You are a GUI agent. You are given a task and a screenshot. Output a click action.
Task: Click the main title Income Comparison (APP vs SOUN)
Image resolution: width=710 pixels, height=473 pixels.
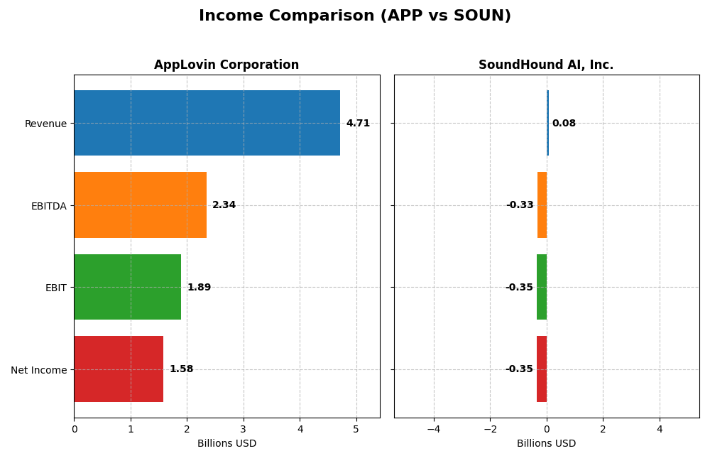(x=354, y=16)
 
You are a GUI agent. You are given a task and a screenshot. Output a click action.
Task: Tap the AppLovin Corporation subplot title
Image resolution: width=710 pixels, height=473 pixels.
(x=226, y=65)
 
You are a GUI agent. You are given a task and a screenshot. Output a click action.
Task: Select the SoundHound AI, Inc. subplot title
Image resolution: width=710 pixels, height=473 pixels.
(x=545, y=65)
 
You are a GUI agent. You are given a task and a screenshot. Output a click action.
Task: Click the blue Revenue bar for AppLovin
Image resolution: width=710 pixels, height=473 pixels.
(x=207, y=123)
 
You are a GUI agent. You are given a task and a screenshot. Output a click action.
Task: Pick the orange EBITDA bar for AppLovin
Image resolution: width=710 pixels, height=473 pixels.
(x=140, y=205)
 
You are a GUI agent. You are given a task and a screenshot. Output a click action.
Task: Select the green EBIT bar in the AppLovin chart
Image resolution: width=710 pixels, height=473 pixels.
(x=127, y=287)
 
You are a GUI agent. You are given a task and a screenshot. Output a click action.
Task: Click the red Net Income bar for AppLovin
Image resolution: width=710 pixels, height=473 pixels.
(x=119, y=369)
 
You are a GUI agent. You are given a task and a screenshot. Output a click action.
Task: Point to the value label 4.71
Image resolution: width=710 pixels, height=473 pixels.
(x=358, y=123)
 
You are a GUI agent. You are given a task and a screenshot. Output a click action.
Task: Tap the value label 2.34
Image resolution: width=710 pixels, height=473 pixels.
(x=224, y=205)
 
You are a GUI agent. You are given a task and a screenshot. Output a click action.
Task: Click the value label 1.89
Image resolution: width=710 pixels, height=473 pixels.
(x=199, y=288)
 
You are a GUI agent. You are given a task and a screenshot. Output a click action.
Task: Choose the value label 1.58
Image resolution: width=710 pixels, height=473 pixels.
(x=181, y=369)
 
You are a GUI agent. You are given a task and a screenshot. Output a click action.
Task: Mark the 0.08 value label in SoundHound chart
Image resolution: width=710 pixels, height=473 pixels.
(x=564, y=124)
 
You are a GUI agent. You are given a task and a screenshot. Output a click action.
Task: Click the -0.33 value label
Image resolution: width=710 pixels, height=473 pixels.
(x=520, y=205)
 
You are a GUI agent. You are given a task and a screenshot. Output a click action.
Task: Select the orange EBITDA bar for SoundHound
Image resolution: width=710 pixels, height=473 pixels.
(x=542, y=205)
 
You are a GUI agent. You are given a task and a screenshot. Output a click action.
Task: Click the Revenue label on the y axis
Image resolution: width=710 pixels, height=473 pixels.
(x=45, y=124)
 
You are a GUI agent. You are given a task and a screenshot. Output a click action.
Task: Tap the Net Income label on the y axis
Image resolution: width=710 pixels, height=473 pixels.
(x=38, y=370)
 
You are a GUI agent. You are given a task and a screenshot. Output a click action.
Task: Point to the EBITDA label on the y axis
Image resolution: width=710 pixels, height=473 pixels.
(x=48, y=206)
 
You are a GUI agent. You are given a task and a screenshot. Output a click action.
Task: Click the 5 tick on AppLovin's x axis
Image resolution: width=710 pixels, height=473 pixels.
(x=356, y=429)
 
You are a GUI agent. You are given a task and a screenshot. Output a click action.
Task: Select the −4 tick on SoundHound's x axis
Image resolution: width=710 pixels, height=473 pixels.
(x=433, y=429)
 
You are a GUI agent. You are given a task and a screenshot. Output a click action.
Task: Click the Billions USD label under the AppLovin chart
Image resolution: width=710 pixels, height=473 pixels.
(x=226, y=443)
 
